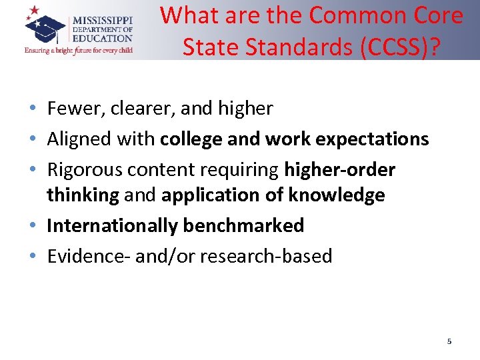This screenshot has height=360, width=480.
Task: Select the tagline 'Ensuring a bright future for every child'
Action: pyautogui.click(x=79, y=50)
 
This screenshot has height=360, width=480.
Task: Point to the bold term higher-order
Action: pyautogui.click(x=340, y=170)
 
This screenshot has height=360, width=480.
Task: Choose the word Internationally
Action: pyautogui.click(x=112, y=225)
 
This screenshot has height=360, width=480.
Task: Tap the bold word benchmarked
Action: pyautogui.click(x=243, y=225)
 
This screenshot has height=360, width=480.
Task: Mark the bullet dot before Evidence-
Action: pyautogui.click(x=33, y=257)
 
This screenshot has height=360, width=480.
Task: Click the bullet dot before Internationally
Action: pyautogui.click(x=33, y=226)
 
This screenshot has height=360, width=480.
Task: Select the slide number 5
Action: pyautogui.click(x=449, y=341)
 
